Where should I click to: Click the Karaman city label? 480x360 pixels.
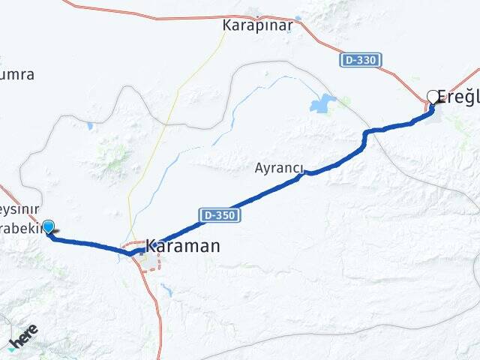tap(182, 245)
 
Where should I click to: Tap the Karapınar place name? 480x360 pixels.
tap(256, 25)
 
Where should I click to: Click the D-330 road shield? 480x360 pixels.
tap(361, 59)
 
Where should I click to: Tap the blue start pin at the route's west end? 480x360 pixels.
tap(49, 228)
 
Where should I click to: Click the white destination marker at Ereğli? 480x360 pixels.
tap(433, 96)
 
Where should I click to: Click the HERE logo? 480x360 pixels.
tap(22, 337)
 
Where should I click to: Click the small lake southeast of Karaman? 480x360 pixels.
tap(166, 289)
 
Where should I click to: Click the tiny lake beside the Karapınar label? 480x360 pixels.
tap(298, 19)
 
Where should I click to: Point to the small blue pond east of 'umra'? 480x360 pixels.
tap(89, 126)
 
